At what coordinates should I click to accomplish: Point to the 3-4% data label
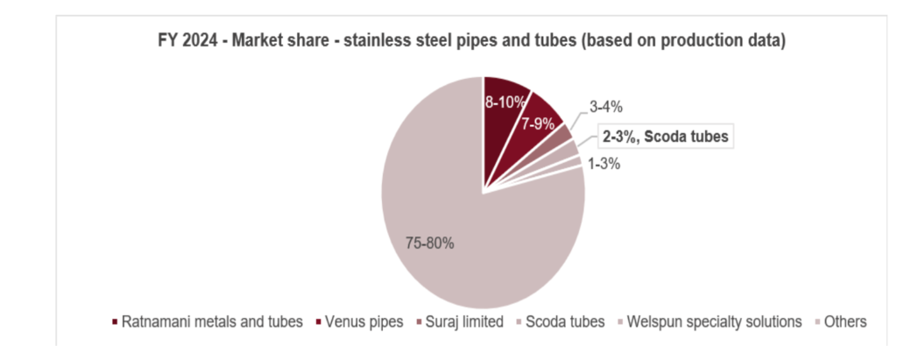605,108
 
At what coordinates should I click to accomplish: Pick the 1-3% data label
604,163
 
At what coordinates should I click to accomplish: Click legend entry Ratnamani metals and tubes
211,321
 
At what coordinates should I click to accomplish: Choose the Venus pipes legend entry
359,321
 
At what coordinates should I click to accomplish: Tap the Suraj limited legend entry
462,321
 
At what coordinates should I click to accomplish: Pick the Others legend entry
844,321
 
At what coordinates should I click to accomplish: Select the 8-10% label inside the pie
506,102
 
